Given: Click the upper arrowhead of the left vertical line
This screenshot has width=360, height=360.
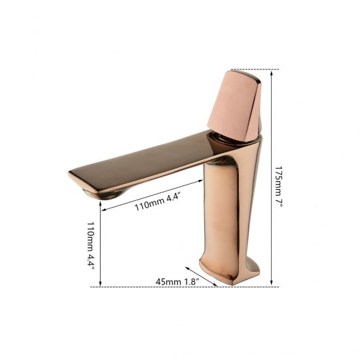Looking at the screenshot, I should (100, 204).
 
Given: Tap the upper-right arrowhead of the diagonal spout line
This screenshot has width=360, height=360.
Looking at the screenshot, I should (200, 179).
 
